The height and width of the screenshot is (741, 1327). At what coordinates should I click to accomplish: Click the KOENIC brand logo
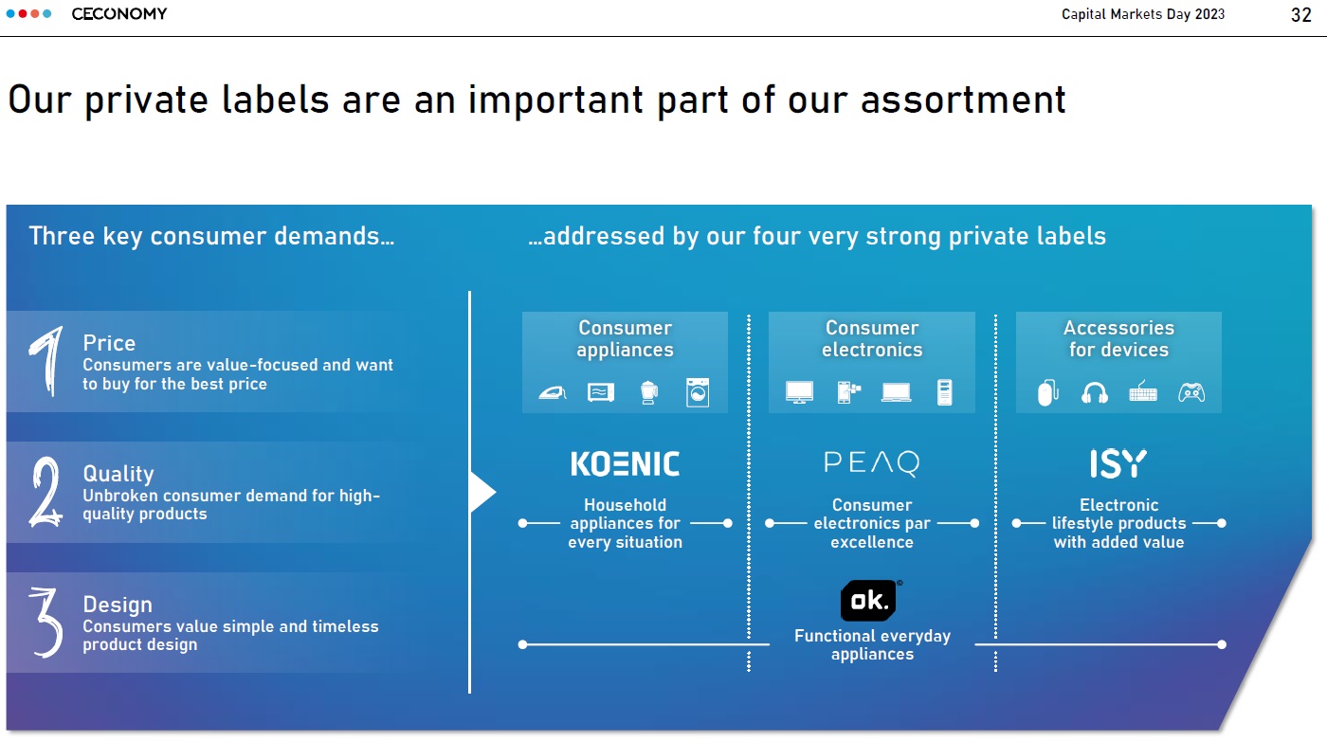pyautogui.click(x=625, y=463)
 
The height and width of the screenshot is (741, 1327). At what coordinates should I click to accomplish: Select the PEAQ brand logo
pyautogui.click(x=871, y=463)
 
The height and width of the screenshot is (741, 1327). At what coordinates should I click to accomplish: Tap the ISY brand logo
pyautogui.click(x=1118, y=463)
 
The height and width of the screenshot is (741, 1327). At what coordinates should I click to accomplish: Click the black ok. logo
pyautogui.click(x=869, y=601)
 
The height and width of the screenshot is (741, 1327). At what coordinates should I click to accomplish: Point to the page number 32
pyautogui.click(x=1300, y=15)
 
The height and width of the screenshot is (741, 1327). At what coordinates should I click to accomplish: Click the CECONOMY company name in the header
pyautogui.click(x=119, y=13)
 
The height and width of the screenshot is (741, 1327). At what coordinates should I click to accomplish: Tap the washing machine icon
pyautogui.click(x=698, y=392)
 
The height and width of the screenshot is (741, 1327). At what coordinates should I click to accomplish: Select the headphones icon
pyautogui.click(x=1094, y=392)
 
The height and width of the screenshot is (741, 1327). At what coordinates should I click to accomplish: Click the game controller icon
pyautogui.click(x=1191, y=392)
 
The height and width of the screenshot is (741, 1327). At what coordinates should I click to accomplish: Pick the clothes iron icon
pyautogui.click(x=552, y=392)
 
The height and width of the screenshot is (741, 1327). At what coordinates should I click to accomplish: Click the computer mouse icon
pyautogui.click(x=1047, y=392)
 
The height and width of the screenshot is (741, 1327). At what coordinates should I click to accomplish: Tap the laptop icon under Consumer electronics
pyautogui.click(x=896, y=392)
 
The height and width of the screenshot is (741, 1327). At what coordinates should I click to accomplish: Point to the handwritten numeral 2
pyautogui.click(x=45, y=492)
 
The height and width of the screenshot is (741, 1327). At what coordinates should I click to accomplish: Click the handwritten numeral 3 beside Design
pyautogui.click(x=46, y=622)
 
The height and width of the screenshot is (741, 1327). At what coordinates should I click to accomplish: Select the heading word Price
pyautogui.click(x=109, y=343)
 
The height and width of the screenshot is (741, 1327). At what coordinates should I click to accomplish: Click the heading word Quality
pyautogui.click(x=118, y=474)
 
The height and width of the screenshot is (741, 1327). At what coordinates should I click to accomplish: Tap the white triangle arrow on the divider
pyautogui.click(x=482, y=492)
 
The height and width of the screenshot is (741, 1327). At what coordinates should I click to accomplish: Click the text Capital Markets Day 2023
pyautogui.click(x=1143, y=14)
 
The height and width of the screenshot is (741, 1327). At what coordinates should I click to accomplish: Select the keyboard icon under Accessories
pyautogui.click(x=1143, y=392)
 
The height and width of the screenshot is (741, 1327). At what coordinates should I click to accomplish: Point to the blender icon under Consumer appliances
pyautogui.click(x=648, y=392)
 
